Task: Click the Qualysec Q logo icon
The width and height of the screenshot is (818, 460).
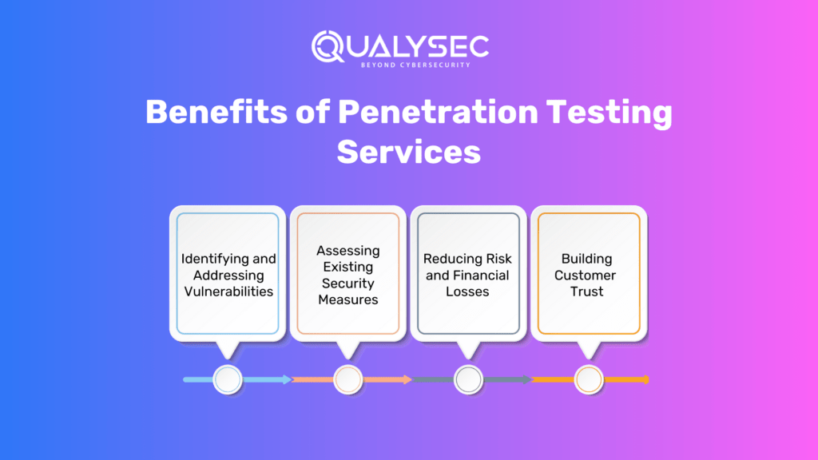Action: [x=328, y=46]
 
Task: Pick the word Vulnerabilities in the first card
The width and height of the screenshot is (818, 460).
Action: [x=228, y=291]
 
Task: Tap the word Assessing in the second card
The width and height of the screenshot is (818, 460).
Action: [x=348, y=251]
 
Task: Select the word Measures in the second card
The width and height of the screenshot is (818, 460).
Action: [x=348, y=300]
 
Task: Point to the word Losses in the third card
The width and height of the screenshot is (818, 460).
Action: [x=467, y=291]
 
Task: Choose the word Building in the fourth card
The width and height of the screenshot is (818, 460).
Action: [x=587, y=259]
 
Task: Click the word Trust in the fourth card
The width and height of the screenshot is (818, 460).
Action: [x=587, y=291]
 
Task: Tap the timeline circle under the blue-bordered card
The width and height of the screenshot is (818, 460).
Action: [x=228, y=379]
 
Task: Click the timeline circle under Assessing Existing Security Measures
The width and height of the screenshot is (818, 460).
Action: [x=348, y=379]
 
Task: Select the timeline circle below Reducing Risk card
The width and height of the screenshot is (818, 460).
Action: [x=468, y=379]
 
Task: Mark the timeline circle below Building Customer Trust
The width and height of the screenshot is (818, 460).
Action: [x=588, y=379]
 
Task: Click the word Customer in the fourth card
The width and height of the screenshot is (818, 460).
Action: [x=587, y=276]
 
